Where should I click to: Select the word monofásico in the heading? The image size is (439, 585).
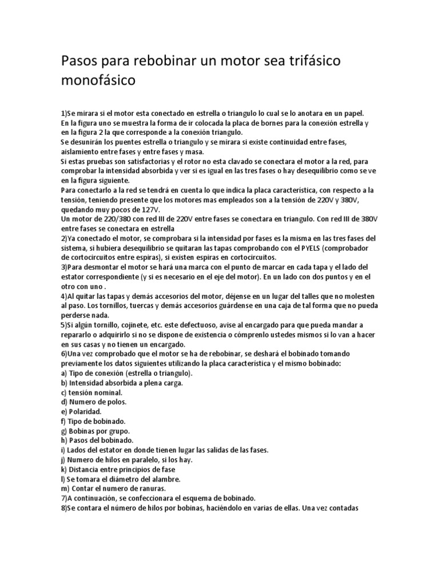98,81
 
